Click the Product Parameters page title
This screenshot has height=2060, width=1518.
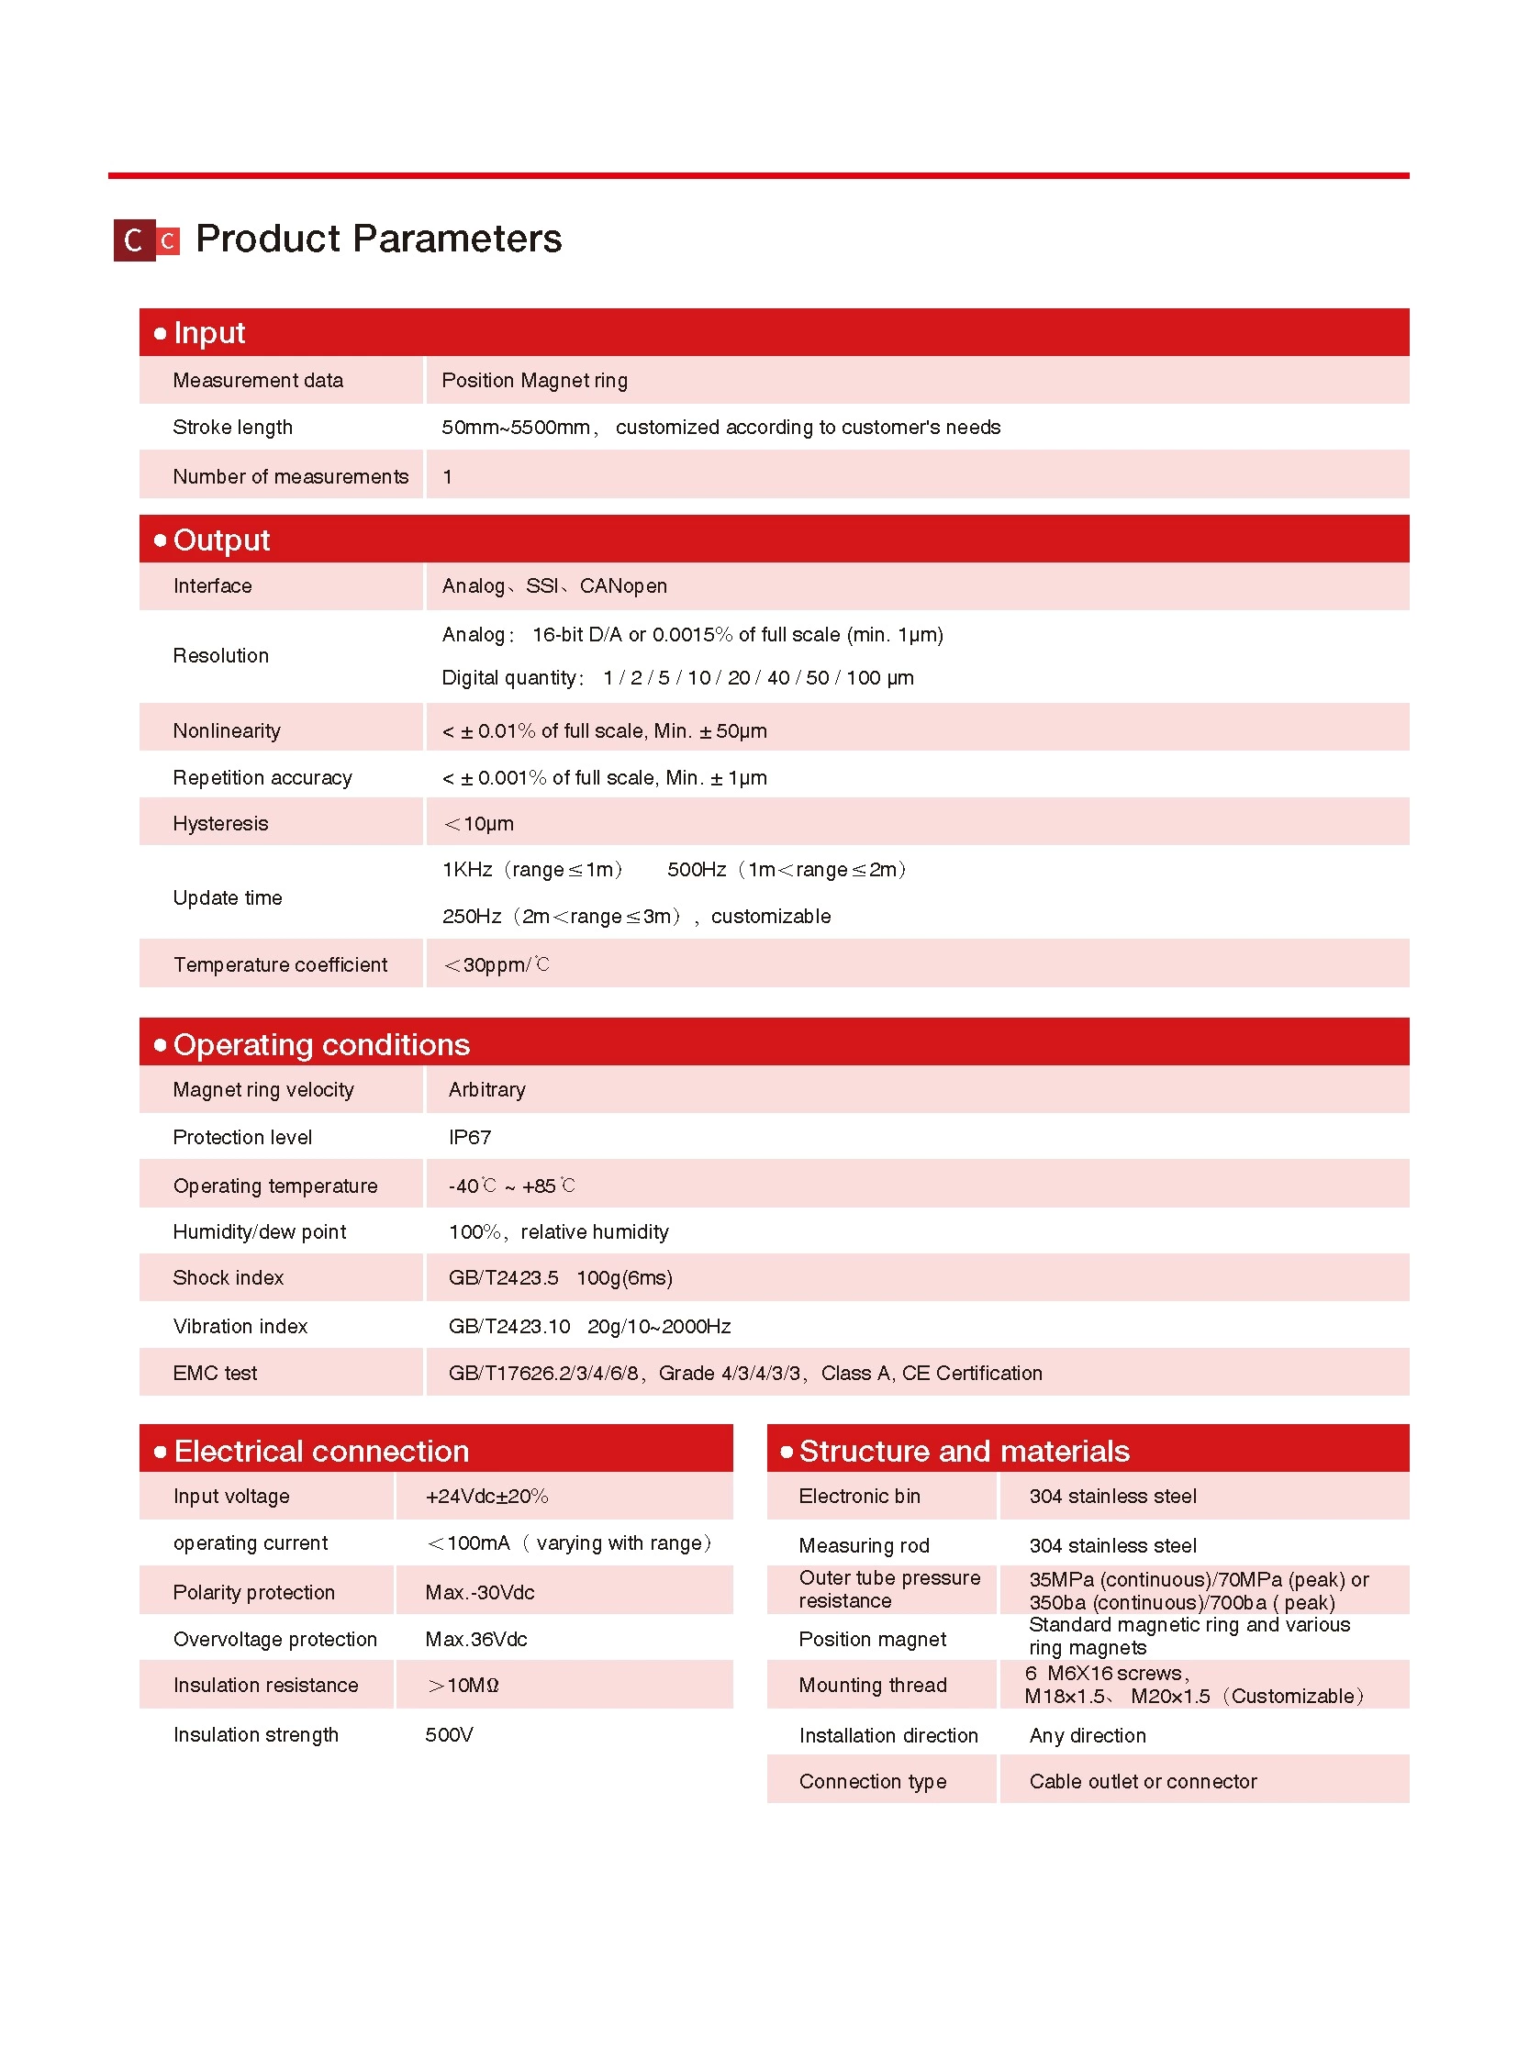(x=377, y=239)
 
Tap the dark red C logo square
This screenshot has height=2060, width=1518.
(x=134, y=240)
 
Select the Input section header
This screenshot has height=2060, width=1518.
(x=209, y=332)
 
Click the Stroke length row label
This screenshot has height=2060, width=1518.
(x=232, y=428)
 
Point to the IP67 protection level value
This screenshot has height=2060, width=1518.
(x=470, y=1138)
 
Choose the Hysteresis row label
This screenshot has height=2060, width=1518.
(x=220, y=823)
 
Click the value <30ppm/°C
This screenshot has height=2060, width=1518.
(x=497, y=964)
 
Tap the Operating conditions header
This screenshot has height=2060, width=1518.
(x=320, y=1045)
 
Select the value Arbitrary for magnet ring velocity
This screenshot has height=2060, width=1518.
(x=487, y=1090)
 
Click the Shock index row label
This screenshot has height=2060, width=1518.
(x=228, y=1278)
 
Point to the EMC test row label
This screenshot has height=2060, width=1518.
(x=215, y=1373)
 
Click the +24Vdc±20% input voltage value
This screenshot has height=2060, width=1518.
(x=486, y=1496)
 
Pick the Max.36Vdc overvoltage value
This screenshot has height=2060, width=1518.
(x=476, y=1639)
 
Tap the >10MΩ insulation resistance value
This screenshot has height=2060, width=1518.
(x=463, y=1685)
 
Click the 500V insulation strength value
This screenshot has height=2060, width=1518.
(x=450, y=1735)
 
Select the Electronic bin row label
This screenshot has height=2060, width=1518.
(x=859, y=1496)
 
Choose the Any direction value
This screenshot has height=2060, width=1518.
(x=1088, y=1736)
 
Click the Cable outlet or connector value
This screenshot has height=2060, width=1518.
(x=1144, y=1782)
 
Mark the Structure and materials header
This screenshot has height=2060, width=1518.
(x=964, y=1451)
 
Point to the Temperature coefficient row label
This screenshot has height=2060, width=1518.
(x=280, y=964)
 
